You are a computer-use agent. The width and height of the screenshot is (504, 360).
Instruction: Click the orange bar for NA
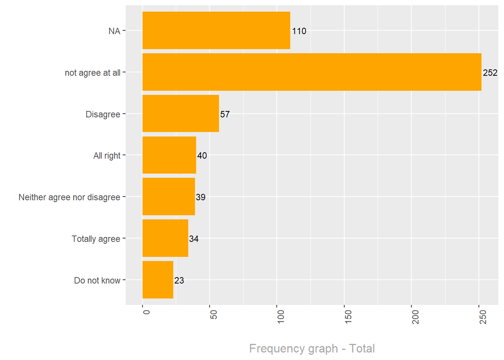pos(216,30)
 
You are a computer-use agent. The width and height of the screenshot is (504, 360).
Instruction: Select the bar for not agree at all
pos(312,72)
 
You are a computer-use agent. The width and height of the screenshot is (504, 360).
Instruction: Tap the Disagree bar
pos(180,114)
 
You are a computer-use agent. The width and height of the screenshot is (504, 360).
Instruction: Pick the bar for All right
pos(169,155)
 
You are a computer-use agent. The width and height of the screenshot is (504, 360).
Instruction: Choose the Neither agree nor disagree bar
pos(168,196)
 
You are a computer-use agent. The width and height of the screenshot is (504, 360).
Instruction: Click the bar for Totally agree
pos(165,238)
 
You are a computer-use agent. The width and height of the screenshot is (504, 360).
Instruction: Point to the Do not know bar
pos(157,280)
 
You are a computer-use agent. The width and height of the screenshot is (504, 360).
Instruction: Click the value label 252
pos(490,73)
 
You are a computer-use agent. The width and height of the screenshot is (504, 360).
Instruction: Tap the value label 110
pos(299,31)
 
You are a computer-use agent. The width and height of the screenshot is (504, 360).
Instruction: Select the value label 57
pos(225,114)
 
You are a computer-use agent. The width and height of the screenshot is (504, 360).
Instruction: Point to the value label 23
pos(179,280)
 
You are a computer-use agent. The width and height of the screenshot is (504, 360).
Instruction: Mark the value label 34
pos(193,239)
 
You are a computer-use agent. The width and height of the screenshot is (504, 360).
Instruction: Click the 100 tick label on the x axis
pos(280,316)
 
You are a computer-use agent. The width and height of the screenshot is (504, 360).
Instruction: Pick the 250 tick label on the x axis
pos(483,316)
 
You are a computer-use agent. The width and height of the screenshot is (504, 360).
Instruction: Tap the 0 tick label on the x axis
pos(146,312)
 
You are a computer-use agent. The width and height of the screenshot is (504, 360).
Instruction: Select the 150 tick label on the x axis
pos(348,316)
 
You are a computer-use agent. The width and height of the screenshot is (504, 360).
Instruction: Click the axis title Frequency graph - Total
pos(312,348)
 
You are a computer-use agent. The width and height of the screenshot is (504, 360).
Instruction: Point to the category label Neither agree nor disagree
pos(69,197)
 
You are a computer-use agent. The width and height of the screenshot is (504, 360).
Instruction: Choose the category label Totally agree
pos(96,239)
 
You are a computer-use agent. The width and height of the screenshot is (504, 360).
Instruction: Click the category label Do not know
pos(97,280)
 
